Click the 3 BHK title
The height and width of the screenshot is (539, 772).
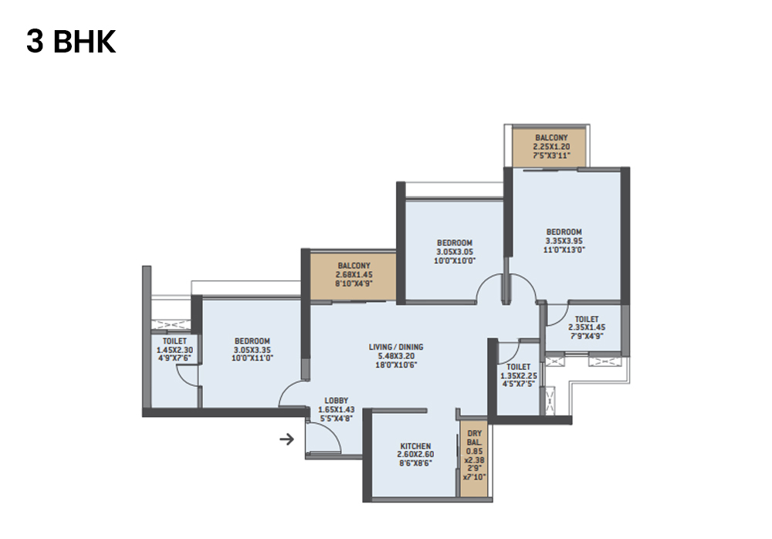point(71,42)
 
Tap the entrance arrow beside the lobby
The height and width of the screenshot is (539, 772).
point(286,440)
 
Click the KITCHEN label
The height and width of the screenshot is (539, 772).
point(415,446)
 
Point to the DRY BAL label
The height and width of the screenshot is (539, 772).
point(474,439)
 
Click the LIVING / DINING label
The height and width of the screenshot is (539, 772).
point(396,347)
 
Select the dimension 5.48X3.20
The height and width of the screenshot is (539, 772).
point(396,356)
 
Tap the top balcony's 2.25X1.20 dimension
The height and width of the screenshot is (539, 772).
point(550,146)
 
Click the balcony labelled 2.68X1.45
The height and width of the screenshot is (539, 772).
point(354,275)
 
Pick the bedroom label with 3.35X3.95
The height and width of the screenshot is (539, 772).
point(564,232)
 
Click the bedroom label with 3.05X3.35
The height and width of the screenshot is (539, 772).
point(252,341)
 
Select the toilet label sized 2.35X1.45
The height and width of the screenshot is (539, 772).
point(587,318)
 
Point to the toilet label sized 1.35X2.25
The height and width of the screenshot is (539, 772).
point(519,367)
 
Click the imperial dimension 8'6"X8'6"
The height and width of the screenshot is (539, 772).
point(415,465)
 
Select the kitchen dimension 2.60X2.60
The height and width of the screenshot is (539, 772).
point(415,456)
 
